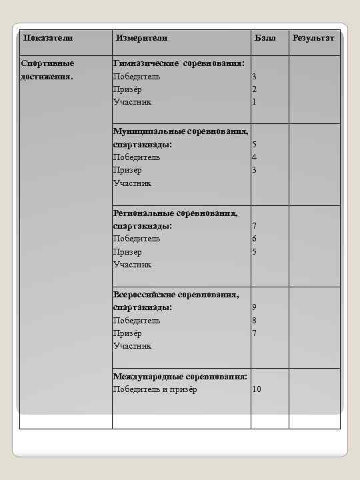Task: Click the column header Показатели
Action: (48, 38)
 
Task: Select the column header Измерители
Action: (140, 38)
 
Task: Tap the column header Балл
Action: (264, 38)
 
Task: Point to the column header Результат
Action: (313, 38)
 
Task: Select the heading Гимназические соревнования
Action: (179, 63)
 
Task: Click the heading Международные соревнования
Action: (180, 377)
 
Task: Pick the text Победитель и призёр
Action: (155, 389)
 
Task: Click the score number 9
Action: (254, 307)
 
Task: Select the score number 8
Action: (254, 320)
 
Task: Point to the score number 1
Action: (254, 102)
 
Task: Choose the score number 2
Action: (254, 89)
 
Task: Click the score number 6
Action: (254, 239)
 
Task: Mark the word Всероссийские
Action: (143, 294)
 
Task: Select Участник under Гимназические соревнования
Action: (132, 102)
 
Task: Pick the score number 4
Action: (254, 157)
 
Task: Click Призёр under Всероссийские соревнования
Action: (127, 333)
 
